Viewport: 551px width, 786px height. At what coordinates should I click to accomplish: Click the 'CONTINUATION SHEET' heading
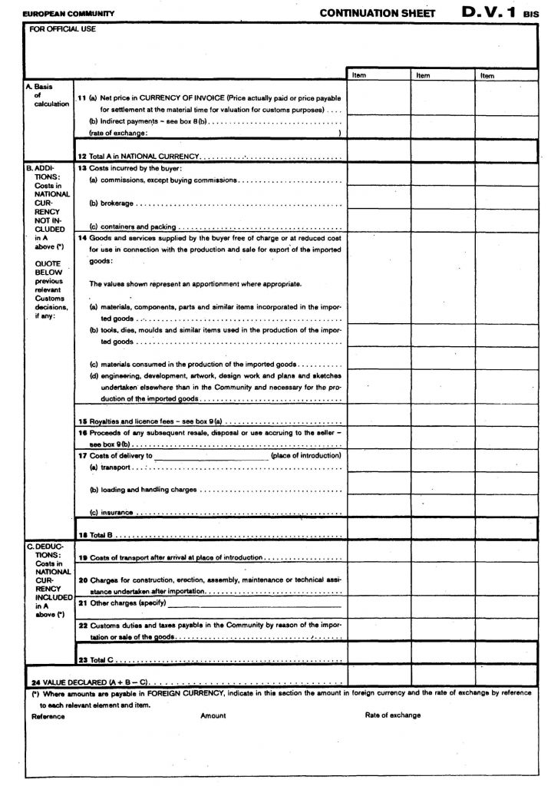377,13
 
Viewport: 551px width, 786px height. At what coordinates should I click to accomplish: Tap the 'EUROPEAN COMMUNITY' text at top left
68,14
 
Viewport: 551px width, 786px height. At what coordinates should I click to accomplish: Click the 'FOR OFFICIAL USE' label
62,29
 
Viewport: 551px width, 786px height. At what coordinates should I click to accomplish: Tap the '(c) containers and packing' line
133,227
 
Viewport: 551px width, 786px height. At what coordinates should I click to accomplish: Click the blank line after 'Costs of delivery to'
210,455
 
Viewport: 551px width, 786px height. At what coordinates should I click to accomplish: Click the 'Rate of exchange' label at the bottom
392,715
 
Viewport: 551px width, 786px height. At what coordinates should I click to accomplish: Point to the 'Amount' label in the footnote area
213,715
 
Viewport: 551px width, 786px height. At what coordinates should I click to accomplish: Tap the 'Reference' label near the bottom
48,716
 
